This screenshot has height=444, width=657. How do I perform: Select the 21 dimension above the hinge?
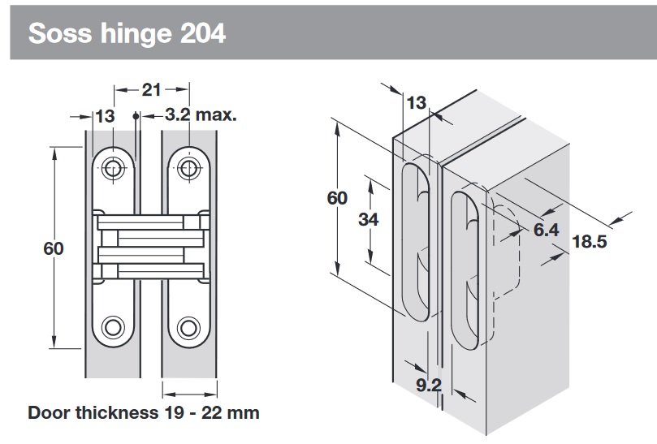[x=152, y=89]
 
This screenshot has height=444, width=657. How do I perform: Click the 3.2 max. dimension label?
[x=201, y=115]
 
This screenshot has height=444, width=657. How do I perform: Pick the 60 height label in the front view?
[x=54, y=249]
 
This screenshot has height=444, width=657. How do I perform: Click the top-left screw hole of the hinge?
[x=114, y=168]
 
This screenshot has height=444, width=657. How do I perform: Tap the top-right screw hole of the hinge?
[x=189, y=168]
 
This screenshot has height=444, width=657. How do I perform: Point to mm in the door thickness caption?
[x=243, y=412]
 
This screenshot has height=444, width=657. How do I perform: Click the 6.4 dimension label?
[x=546, y=231]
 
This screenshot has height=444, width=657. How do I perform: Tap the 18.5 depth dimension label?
[x=590, y=242]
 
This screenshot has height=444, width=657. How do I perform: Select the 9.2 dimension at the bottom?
[x=428, y=386]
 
